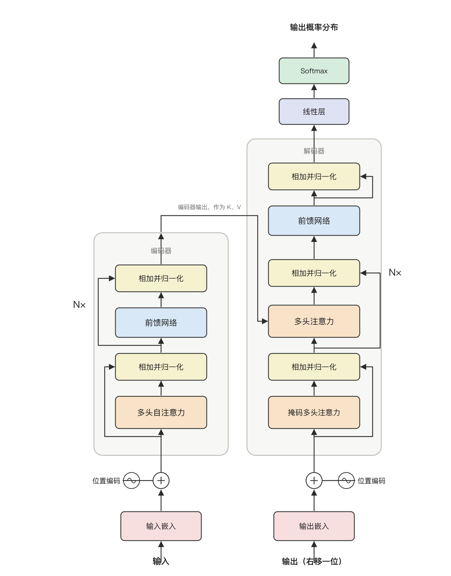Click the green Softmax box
pyautogui.click(x=314, y=71)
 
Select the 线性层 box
pyautogui.click(x=314, y=112)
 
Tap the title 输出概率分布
pyautogui.click(x=314, y=27)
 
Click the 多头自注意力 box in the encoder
pyautogui.click(x=161, y=412)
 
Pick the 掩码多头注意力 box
pyautogui.click(x=314, y=412)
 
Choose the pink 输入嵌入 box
pyautogui.click(x=161, y=526)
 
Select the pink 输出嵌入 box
pyautogui.click(x=314, y=526)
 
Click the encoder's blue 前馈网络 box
pyautogui.click(x=161, y=323)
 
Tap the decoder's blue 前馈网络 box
pyautogui.click(x=314, y=221)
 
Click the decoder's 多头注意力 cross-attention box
pyautogui.click(x=314, y=321)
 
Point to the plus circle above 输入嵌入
pyautogui.click(x=161, y=481)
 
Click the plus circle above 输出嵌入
pyautogui.click(x=314, y=481)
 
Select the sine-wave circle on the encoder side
pyautogui.click(x=132, y=481)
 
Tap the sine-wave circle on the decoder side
pyautogui.click(x=346, y=481)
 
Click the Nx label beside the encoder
pyautogui.click(x=79, y=305)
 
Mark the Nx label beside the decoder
pyautogui.click(x=395, y=272)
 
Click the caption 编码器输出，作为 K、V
pyautogui.click(x=209, y=207)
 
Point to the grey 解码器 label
pyautogui.click(x=314, y=151)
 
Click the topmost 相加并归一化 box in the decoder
pyautogui.click(x=314, y=176)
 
